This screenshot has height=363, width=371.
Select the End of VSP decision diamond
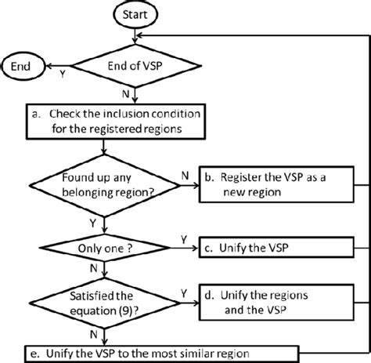coord(137,66)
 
